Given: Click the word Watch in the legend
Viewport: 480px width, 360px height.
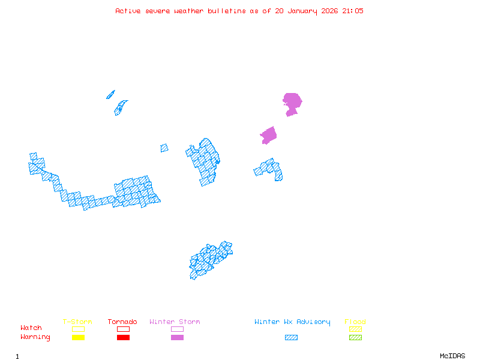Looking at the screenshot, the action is coord(31,328).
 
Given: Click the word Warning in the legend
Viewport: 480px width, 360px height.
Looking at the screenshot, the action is coord(35,337).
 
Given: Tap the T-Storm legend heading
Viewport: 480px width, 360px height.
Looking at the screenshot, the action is coord(77,322).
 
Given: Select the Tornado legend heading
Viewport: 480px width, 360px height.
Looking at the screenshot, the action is coord(122,322).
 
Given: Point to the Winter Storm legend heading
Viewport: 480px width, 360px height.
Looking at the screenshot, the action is coord(175,322).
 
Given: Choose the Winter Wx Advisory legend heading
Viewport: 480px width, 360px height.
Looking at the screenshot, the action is coord(292,322).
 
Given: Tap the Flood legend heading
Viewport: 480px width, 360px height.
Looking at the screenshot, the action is coord(355,322).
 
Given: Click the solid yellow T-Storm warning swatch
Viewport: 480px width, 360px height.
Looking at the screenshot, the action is coord(78,338).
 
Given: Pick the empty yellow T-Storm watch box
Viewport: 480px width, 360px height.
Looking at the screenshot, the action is coord(78,329).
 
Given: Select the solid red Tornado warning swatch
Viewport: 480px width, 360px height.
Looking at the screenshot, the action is coord(123,338).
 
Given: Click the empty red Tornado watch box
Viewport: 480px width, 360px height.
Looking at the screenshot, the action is coord(123,329).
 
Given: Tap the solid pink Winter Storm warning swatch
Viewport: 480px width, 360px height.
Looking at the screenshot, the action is coord(177,338).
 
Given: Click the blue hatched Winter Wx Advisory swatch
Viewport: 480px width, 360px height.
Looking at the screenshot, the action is coord(291,338).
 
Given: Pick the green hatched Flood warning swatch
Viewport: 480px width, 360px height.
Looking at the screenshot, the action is coord(355,338).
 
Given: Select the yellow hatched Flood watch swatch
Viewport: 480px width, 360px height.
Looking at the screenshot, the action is coord(355,329).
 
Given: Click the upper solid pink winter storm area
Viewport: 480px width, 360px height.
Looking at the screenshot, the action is coord(292,102).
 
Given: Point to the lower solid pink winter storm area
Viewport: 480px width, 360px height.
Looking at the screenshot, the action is coord(268,136).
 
